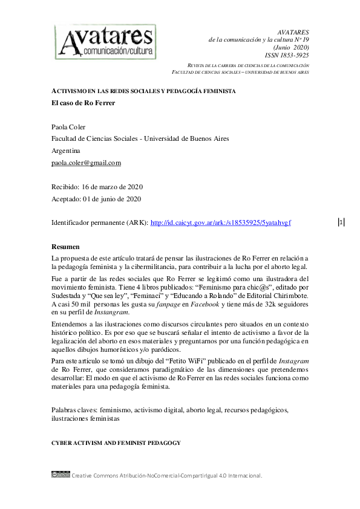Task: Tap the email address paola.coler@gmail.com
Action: (86, 163)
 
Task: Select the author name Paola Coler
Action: (69, 127)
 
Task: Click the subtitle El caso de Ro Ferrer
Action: (83, 103)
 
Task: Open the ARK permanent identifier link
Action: (220, 223)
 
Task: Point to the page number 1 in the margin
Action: (342, 222)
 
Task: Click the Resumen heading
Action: (65, 247)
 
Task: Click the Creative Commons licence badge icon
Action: (61, 475)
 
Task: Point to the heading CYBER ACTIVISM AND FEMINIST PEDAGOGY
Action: (116, 443)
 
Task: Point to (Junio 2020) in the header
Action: (292, 47)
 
